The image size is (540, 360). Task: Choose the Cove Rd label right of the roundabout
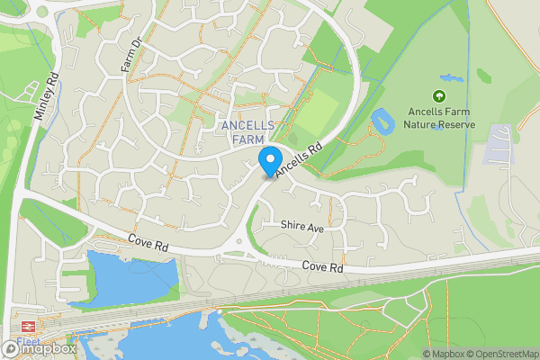point(323,267)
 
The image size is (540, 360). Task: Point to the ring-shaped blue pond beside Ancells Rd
point(381,121)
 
